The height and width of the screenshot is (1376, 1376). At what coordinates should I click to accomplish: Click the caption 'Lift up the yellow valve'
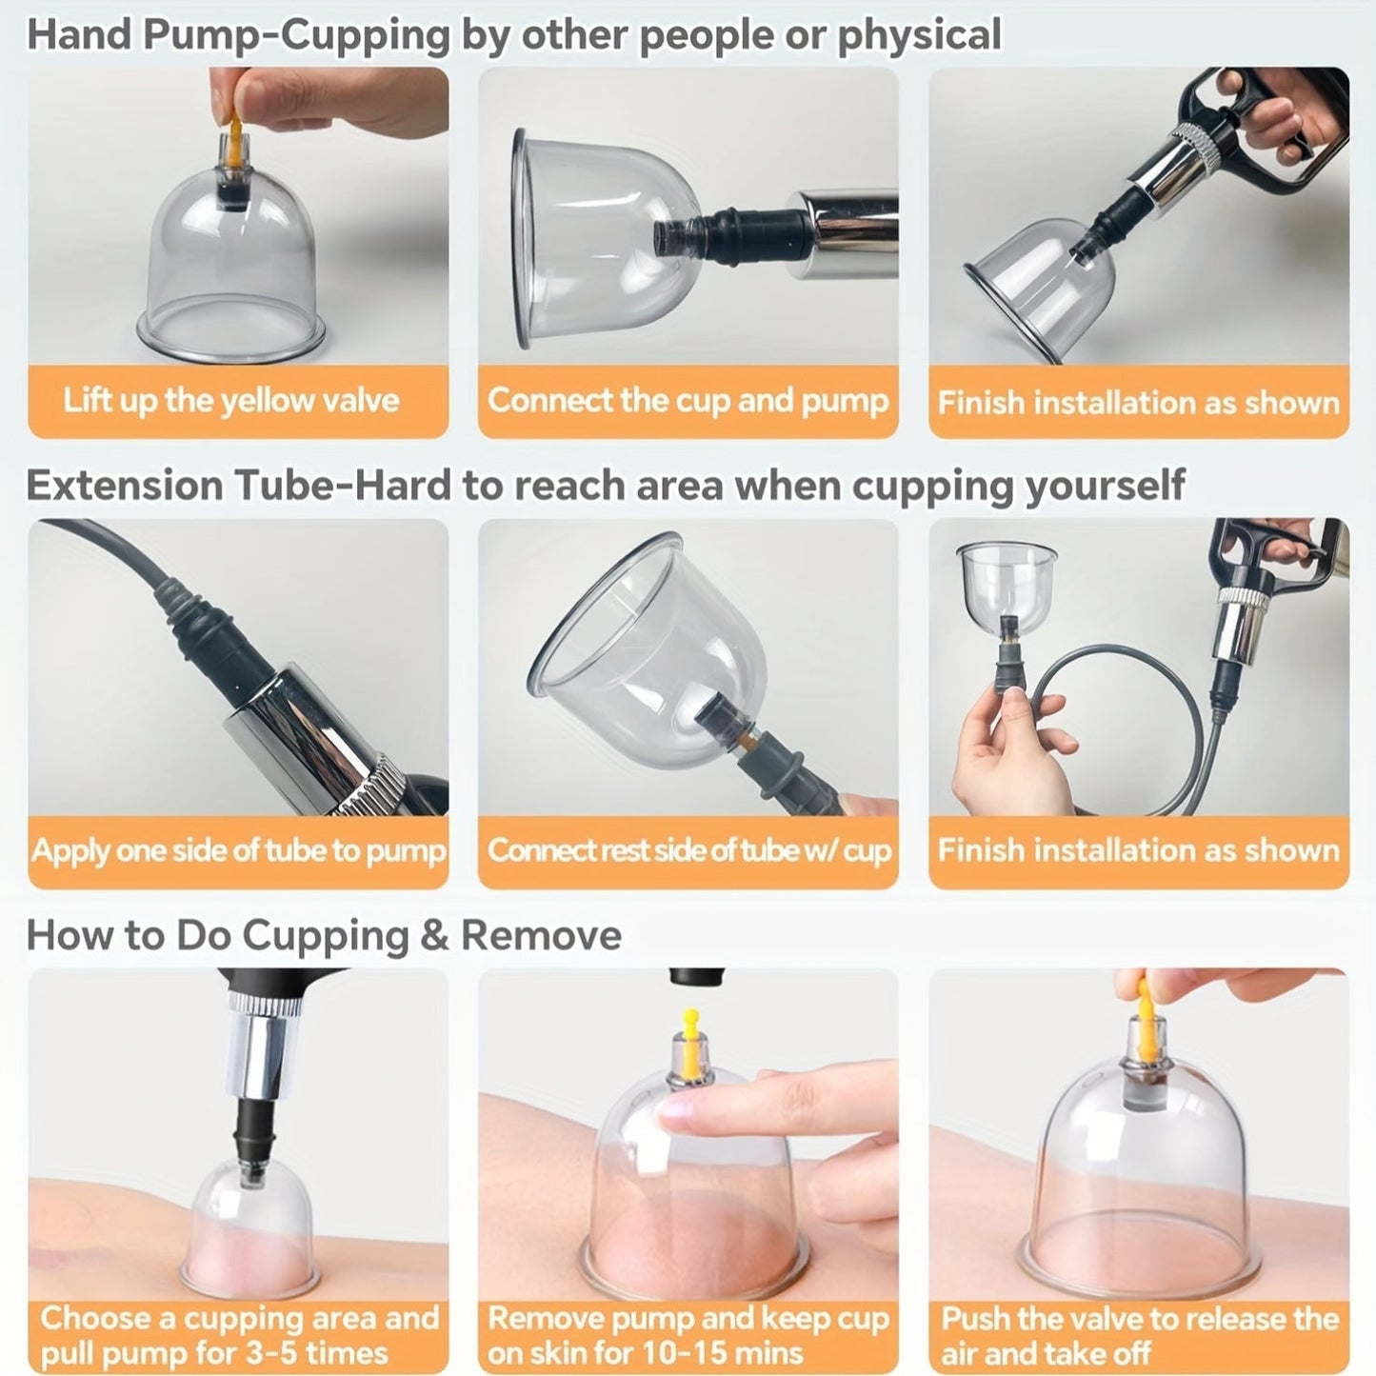(x=230, y=400)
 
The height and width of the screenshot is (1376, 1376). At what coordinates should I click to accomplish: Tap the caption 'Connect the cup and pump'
(x=688, y=400)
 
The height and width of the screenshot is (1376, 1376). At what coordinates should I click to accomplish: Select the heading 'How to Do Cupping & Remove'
(x=324, y=935)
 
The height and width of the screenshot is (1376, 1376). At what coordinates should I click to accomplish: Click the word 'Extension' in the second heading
(x=124, y=485)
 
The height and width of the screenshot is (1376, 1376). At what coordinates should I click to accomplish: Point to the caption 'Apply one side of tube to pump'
(x=238, y=850)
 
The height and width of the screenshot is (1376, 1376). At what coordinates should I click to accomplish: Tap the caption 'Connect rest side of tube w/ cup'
(x=688, y=850)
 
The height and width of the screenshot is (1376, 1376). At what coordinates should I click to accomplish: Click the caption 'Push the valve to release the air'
(x=1139, y=1319)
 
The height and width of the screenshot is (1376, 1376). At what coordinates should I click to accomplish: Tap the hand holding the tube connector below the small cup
(x=1000, y=752)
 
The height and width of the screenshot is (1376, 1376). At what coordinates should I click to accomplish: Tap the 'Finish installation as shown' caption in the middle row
(x=1139, y=850)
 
